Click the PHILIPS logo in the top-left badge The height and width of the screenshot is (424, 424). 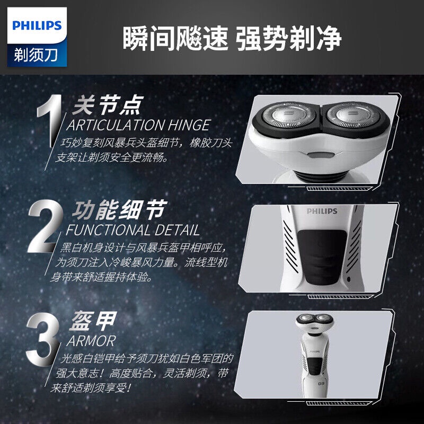pos(37,25)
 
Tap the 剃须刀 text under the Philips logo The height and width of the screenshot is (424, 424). pos(36,55)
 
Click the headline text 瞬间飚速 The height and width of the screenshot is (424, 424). pos(175,38)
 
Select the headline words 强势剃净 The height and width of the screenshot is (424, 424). pos(289,38)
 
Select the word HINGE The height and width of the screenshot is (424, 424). pos(189,125)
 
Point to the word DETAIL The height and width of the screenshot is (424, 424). pos(177,231)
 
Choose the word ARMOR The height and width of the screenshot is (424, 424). pos(91,341)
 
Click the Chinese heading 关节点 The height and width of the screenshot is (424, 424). pos(108,105)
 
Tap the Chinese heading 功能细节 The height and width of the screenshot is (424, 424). pos(119,210)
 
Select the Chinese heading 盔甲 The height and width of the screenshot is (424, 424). pos(93,321)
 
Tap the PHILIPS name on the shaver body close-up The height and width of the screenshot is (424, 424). pos(322,211)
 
